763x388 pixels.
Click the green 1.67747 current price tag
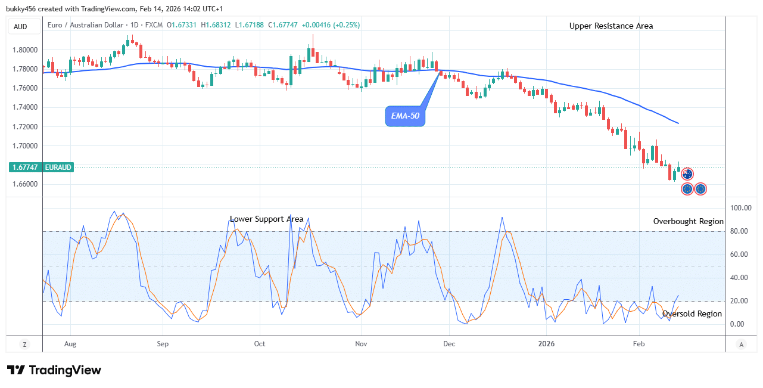(41, 167)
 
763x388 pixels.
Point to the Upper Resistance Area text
(611, 26)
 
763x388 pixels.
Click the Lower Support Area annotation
(267, 219)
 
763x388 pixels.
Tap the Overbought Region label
(688, 221)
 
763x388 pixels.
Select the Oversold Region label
(692, 313)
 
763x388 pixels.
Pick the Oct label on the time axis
(259, 344)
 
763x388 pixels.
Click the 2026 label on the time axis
(546, 344)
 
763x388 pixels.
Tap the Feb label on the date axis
(639, 344)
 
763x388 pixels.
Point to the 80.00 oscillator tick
(739, 231)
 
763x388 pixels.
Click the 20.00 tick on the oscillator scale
(739, 301)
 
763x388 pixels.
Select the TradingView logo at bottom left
(54, 370)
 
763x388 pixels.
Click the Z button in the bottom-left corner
(24, 344)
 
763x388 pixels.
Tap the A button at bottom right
(741, 344)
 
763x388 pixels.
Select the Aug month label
(70, 344)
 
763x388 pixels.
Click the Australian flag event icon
(687, 174)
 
